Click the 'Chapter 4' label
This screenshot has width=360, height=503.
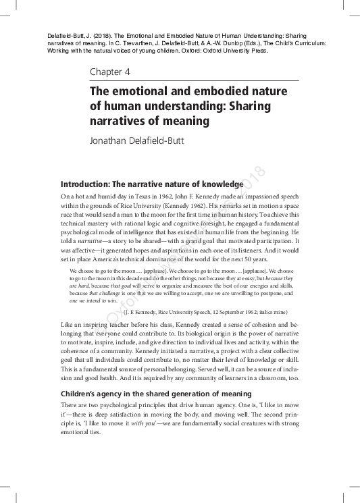pos(110,72)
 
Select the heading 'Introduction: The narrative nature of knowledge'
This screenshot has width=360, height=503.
pos(151,184)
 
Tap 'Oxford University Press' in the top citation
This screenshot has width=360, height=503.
pos(233,51)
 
